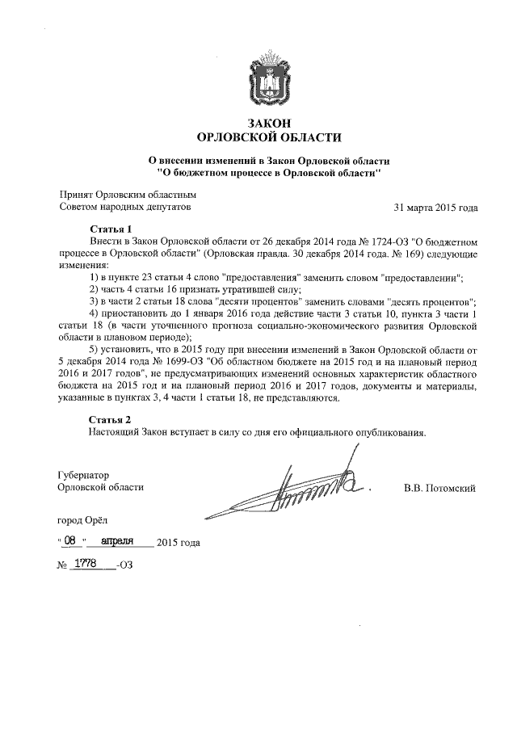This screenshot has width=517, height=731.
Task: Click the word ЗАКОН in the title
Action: click(x=258, y=122)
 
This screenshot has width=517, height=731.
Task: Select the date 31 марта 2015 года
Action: click(x=435, y=208)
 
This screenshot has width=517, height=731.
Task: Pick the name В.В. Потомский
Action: click(x=439, y=488)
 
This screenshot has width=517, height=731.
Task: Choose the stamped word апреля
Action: click(x=120, y=542)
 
